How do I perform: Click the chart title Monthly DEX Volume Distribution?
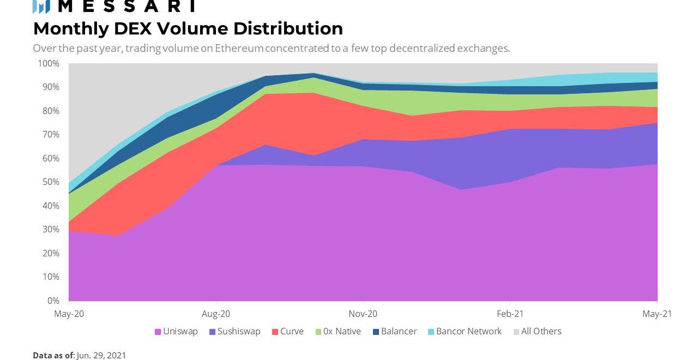point(188,28)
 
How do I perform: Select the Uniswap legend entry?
point(176,331)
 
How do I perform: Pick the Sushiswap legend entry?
point(234,331)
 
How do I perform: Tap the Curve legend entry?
point(287,331)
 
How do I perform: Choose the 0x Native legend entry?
point(338,331)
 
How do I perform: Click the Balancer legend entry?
point(394,331)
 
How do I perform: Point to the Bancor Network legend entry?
point(465,331)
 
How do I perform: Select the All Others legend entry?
point(537,331)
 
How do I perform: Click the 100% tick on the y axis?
point(49,63)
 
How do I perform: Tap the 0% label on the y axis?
point(53,301)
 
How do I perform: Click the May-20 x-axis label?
point(69,314)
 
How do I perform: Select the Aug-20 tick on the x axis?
point(216,314)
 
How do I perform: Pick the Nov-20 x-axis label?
point(363,314)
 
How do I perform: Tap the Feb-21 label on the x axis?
point(510,314)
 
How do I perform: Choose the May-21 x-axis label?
point(657,314)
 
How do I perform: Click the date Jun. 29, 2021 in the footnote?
point(101,355)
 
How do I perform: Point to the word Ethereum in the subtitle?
point(239,48)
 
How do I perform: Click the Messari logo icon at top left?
point(41,6)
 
